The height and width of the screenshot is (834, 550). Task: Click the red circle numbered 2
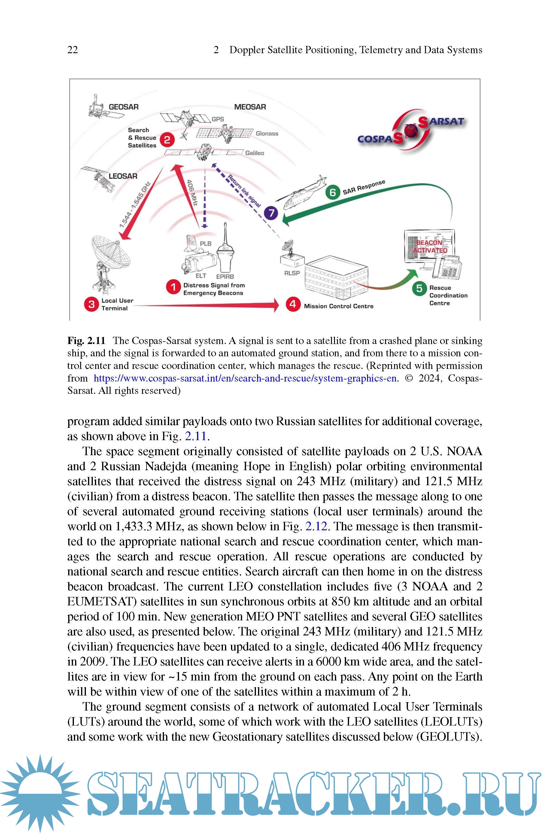pyautogui.click(x=167, y=140)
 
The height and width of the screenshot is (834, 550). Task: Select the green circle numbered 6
pyautogui.click(x=333, y=192)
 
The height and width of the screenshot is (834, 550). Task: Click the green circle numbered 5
pyautogui.click(x=419, y=288)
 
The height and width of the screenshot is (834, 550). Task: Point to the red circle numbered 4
pyautogui.click(x=293, y=304)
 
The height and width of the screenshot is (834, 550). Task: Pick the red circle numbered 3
pyautogui.click(x=91, y=304)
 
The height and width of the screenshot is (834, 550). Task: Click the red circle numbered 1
pyautogui.click(x=173, y=287)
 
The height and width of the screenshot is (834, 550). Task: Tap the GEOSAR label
pyautogui.click(x=123, y=107)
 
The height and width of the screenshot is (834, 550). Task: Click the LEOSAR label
pyautogui.click(x=123, y=176)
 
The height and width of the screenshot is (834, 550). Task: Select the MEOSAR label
pyautogui.click(x=250, y=107)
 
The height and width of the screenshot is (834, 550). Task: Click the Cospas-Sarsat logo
pyautogui.click(x=411, y=130)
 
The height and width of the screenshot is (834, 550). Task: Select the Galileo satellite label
pyautogui.click(x=254, y=153)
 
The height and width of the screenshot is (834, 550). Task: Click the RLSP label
pyautogui.click(x=292, y=273)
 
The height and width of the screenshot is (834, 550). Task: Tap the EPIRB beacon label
pyautogui.click(x=225, y=276)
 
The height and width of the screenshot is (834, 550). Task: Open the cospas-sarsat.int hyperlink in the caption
pyautogui.click(x=245, y=378)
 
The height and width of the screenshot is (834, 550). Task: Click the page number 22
pyautogui.click(x=73, y=50)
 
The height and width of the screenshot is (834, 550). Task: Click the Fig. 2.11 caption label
pyautogui.click(x=86, y=341)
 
